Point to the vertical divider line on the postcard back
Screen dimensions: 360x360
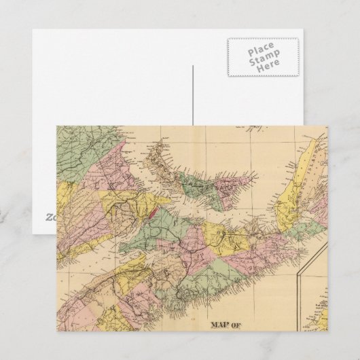192,95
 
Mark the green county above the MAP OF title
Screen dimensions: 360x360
204,285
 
